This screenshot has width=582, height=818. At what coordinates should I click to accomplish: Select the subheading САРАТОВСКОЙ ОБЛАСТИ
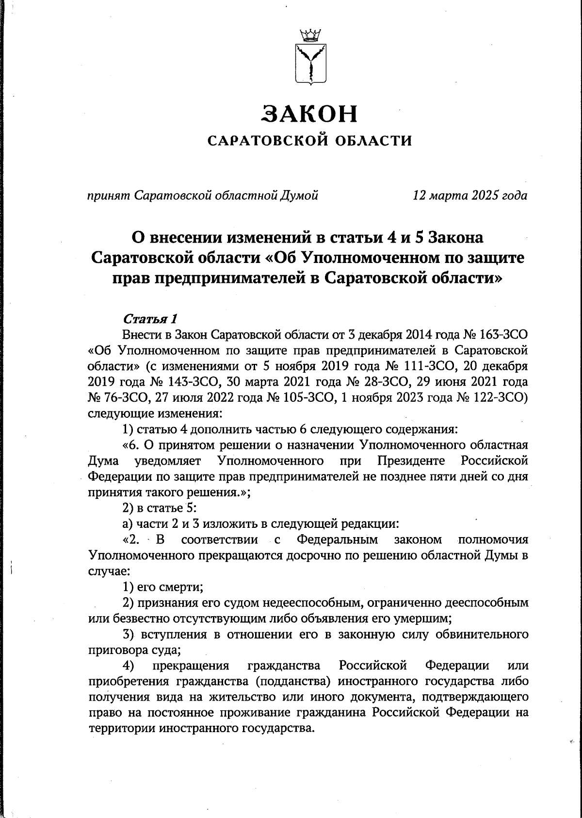click(309, 141)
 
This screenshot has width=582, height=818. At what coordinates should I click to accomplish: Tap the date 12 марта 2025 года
click(469, 196)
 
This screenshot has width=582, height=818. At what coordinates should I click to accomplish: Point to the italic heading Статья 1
click(150, 319)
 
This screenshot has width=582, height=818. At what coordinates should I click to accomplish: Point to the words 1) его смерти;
click(162, 587)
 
